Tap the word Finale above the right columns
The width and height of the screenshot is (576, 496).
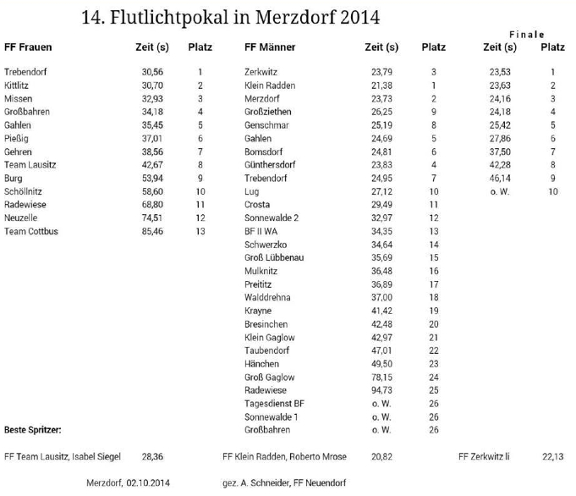tap(526, 34)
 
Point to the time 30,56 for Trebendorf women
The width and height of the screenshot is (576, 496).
tap(153, 73)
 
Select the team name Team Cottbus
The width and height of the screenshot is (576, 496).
tap(31, 231)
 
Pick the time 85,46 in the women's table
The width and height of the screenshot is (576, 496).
tap(153, 231)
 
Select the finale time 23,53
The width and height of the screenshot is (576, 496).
tap(500, 73)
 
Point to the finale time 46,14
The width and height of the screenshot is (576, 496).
tap(500, 179)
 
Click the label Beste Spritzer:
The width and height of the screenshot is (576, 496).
tap(33, 429)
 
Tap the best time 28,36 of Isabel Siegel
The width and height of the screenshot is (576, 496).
tap(153, 456)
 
